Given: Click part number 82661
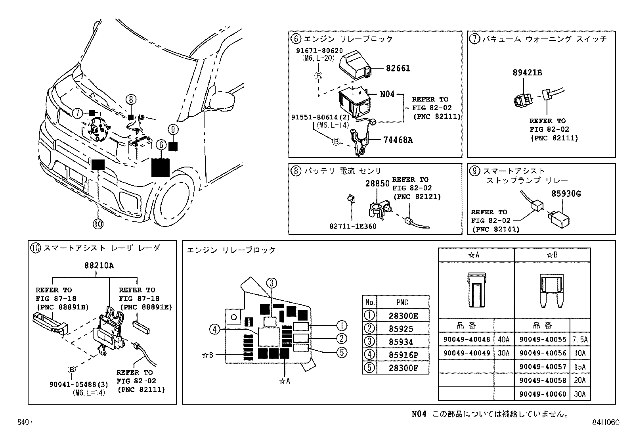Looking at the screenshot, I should pyautogui.click(x=398, y=68).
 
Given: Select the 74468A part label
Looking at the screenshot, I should pyautogui.click(x=398, y=140).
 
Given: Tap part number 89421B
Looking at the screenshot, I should pyautogui.click(x=527, y=73).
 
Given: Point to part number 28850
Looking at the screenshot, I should pyautogui.click(x=377, y=184).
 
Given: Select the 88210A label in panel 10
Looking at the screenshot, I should pyautogui.click(x=99, y=266).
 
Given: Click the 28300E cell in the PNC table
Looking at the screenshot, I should pyautogui.click(x=403, y=316).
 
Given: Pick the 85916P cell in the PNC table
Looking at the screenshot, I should pyautogui.click(x=403, y=355).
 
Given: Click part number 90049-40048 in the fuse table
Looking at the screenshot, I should pyautogui.click(x=467, y=340).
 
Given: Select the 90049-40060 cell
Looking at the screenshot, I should pyautogui.click(x=542, y=394).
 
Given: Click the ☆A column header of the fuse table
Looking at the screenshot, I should pyautogui.click(x=476, y=255).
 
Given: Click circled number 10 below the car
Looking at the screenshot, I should pyautogui.click(x=98, y=224).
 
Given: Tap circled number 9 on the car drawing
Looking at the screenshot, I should pyautogui.click(x=173, y=129).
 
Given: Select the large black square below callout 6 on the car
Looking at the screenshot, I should pyautogui.click(x=161, y=167).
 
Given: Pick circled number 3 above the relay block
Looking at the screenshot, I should pyautogui.click(x=271, y=283).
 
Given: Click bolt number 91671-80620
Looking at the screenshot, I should pyautogui.click(x=319, y=51).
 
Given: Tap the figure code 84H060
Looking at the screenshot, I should pyautogui.click(x=605, y=423).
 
